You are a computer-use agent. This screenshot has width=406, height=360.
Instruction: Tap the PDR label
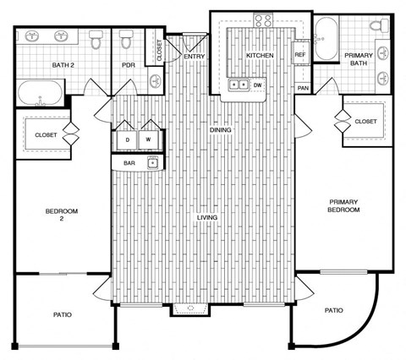pos(129,65)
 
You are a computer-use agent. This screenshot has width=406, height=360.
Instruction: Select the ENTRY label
pos(193,56)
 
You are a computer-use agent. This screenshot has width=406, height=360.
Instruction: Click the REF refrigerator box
pos(299,56)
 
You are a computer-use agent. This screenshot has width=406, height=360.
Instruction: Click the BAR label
pos(129,162)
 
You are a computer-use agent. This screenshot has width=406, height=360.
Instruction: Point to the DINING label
pos(221,130)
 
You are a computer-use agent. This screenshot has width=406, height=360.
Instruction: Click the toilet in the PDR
pos(127,40)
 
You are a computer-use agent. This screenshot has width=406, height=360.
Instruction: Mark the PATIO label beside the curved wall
pos(334,311)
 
